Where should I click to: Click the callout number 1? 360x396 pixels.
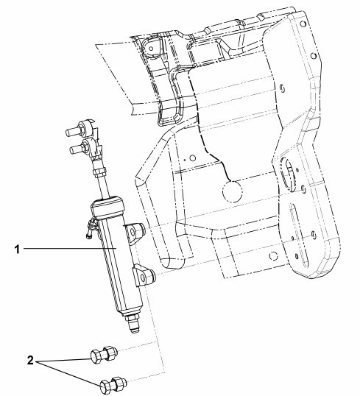pyautogui.click(x=17, y=250)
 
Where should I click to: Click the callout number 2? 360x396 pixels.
pyautogui.click(x=30, y=360)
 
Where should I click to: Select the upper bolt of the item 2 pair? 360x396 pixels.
pyautogui.click(x=104, y=354)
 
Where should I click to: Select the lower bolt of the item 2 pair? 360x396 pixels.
pyautogui.click(x=113, y=386)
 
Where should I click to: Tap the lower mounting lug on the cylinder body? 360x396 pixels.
pyautogui.click(x=145, y=275)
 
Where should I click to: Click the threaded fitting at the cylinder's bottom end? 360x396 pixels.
pyautogui.click(x=133, y=323)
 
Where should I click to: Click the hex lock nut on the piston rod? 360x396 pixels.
pyautogui.click(x=99, y=173)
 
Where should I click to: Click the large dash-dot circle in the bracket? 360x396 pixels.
pyautogui.click(x=233, y=191)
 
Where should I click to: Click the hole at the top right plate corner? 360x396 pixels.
pyautogui.click(x=303, y=24)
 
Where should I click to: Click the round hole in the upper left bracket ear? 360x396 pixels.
pyautogui.click(x=151, y=49)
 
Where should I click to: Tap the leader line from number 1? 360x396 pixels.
pyautogui.click(x=70, y=249)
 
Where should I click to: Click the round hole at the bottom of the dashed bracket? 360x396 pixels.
pyautogui.click(x=273, y=256)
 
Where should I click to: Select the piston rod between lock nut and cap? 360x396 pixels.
pyautogui.click(x=104, y=186)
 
